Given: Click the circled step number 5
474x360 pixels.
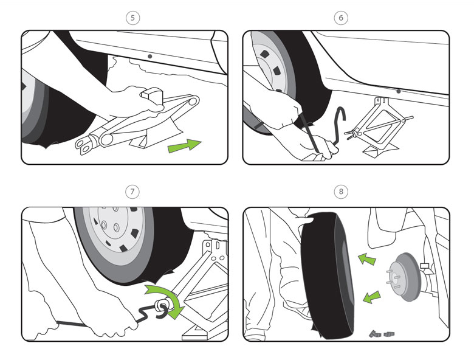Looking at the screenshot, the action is coord(132,18).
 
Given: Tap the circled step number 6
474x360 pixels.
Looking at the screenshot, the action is coord(341,18).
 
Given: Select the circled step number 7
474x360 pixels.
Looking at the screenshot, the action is coord(132,192).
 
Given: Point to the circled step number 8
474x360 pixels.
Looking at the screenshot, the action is coord(341,192).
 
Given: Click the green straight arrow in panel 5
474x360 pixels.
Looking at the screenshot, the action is coord(184,146).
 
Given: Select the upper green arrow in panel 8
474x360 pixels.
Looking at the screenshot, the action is coord(367,259).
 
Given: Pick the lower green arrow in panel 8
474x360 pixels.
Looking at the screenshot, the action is coord(371,297).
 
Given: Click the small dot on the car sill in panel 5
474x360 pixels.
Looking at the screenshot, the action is coord(149,57).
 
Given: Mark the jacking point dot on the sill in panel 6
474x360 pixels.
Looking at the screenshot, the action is coord(399,91).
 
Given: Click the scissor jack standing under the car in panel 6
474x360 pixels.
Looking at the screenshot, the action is coord(378,127).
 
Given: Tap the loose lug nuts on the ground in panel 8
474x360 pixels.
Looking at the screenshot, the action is coord(382,334).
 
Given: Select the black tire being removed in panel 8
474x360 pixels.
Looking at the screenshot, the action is coord(327,275).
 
